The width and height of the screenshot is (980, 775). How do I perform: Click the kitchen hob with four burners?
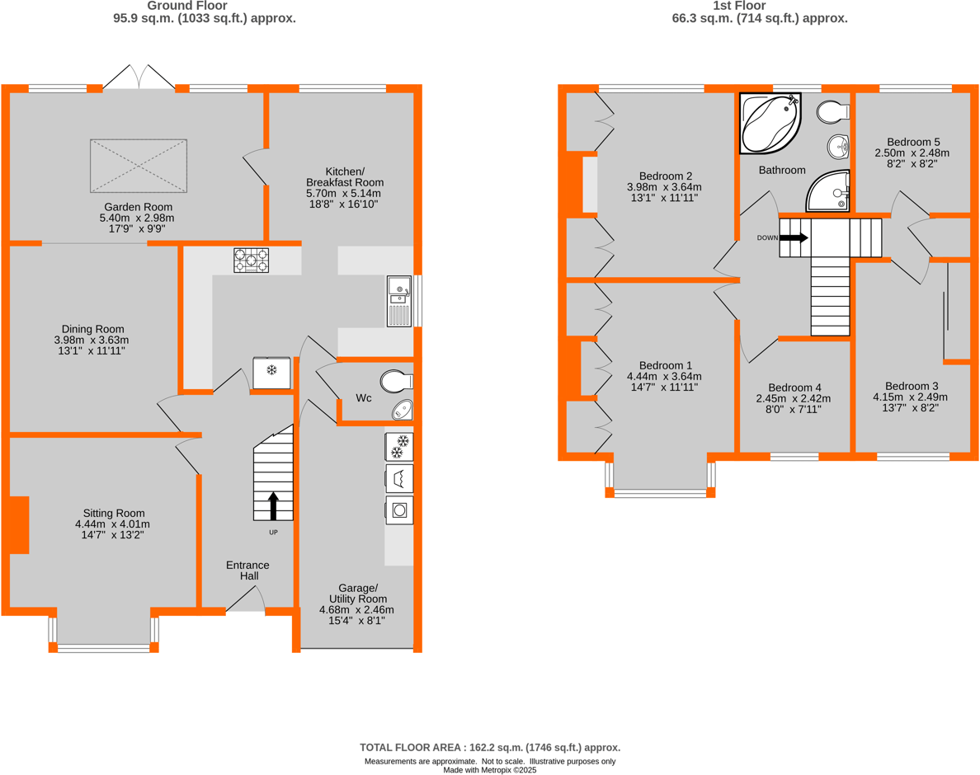[x=251, y=261]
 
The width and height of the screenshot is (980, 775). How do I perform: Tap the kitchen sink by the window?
[x=399, y=301]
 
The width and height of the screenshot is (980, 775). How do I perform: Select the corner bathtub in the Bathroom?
[x=770, y=124]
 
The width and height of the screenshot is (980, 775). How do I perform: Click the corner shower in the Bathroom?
[x=828, y=191]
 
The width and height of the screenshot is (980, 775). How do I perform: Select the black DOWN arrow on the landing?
[x=794, y=237]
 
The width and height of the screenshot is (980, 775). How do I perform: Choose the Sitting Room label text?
[x=112, y=524]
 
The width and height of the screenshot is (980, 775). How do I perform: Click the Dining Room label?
[x=92, y=340]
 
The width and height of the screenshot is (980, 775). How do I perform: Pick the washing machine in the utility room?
[x=399, y=510]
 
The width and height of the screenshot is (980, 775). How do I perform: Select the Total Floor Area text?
[x=490, y=747]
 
